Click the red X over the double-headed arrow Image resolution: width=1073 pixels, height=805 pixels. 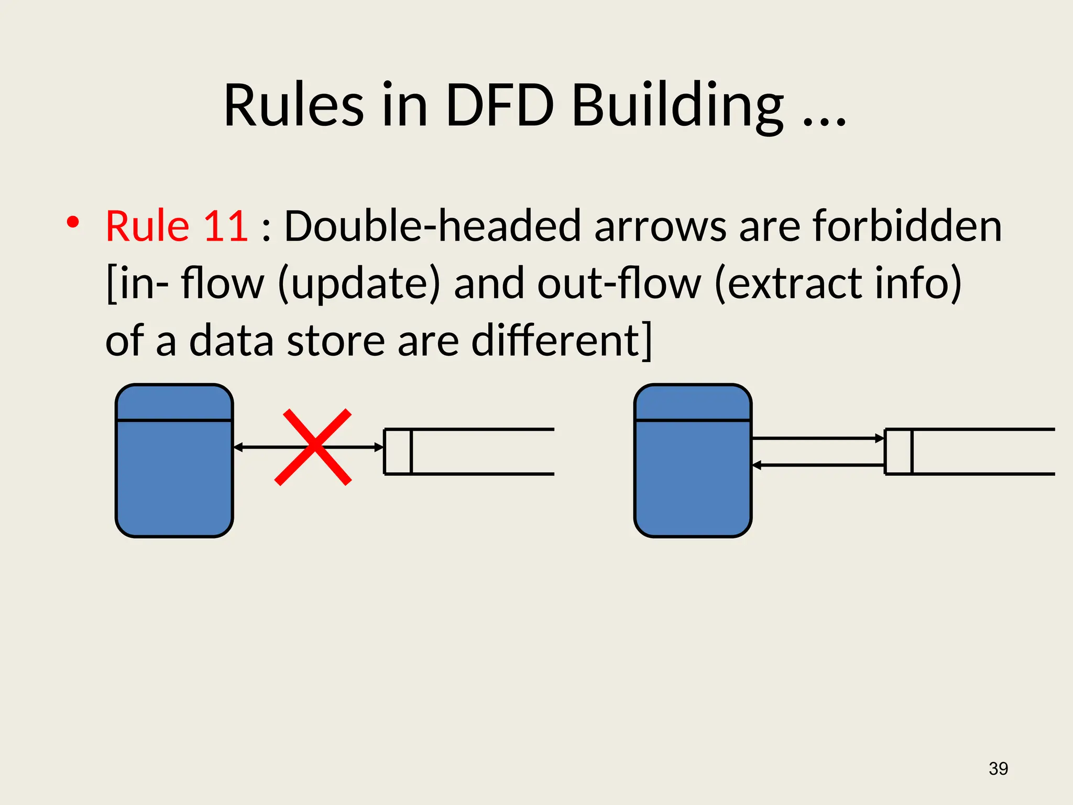click(313, 447)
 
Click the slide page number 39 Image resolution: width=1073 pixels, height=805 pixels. click(998, 768)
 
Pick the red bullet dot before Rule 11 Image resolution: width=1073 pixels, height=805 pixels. click(73, 222)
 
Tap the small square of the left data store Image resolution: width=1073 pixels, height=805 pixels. click(398, 451)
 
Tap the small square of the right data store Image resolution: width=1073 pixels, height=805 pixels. click(899, 451)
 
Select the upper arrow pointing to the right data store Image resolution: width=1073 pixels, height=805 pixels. click(817, 438)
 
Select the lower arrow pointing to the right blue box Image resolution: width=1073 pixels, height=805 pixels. click(817, 465)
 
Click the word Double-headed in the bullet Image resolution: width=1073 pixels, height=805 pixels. click(432, 226)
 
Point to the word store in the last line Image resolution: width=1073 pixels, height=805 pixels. click(336, 341)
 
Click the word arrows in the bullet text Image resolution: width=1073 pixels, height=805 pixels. click(660, 226)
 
